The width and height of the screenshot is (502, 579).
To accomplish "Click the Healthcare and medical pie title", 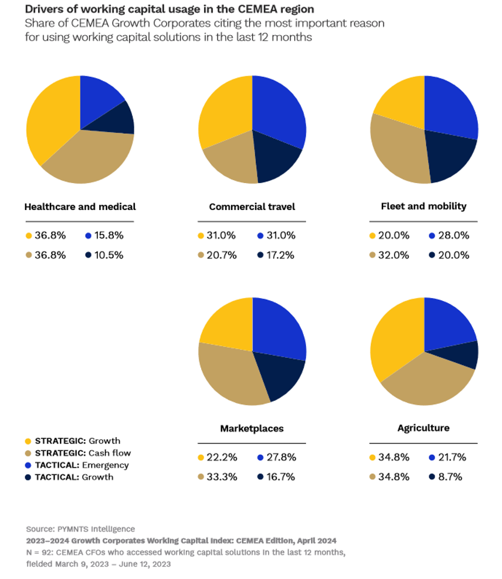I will (80, 206).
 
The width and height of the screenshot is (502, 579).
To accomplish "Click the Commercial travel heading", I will (252, 206).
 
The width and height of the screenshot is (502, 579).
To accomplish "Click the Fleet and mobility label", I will (423, 206).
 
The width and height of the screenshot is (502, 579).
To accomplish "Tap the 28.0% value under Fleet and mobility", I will (452, 236).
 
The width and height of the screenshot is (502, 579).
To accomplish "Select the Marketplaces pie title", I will (252, 428).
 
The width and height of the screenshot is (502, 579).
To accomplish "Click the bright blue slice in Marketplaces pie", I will (279, 329).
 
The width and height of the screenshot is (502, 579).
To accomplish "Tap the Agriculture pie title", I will (423, 428).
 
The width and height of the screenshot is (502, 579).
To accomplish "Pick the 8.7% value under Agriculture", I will (450, 477).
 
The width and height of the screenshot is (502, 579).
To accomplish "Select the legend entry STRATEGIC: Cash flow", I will (83, 453).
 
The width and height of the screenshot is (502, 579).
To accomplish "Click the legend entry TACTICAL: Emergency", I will (82, 465).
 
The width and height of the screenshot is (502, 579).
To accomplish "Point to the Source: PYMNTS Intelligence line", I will (80, 529).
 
